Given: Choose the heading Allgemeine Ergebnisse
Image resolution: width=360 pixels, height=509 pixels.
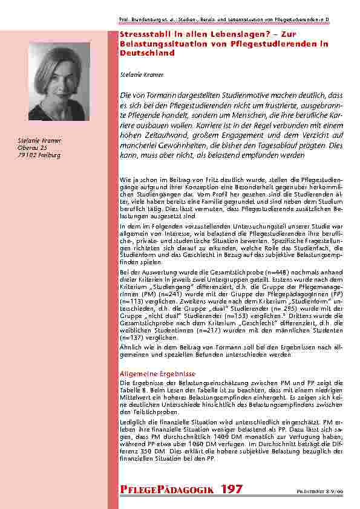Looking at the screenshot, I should pyautogui.click(x=149, y=374).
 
